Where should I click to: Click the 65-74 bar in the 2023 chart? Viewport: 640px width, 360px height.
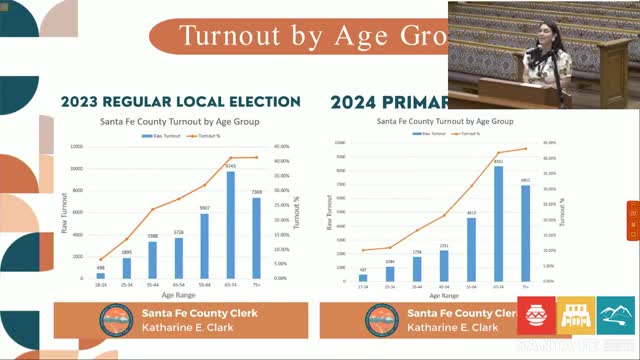click(x=230, y=225)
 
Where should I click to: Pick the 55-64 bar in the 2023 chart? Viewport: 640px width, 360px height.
click(x=204, y=246)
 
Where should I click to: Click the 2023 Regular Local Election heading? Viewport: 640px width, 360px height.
click(x=180, y=102)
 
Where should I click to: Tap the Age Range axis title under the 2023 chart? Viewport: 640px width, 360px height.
click(x=180, y=297)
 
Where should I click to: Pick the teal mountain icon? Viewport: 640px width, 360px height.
click(x=614, y=317)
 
